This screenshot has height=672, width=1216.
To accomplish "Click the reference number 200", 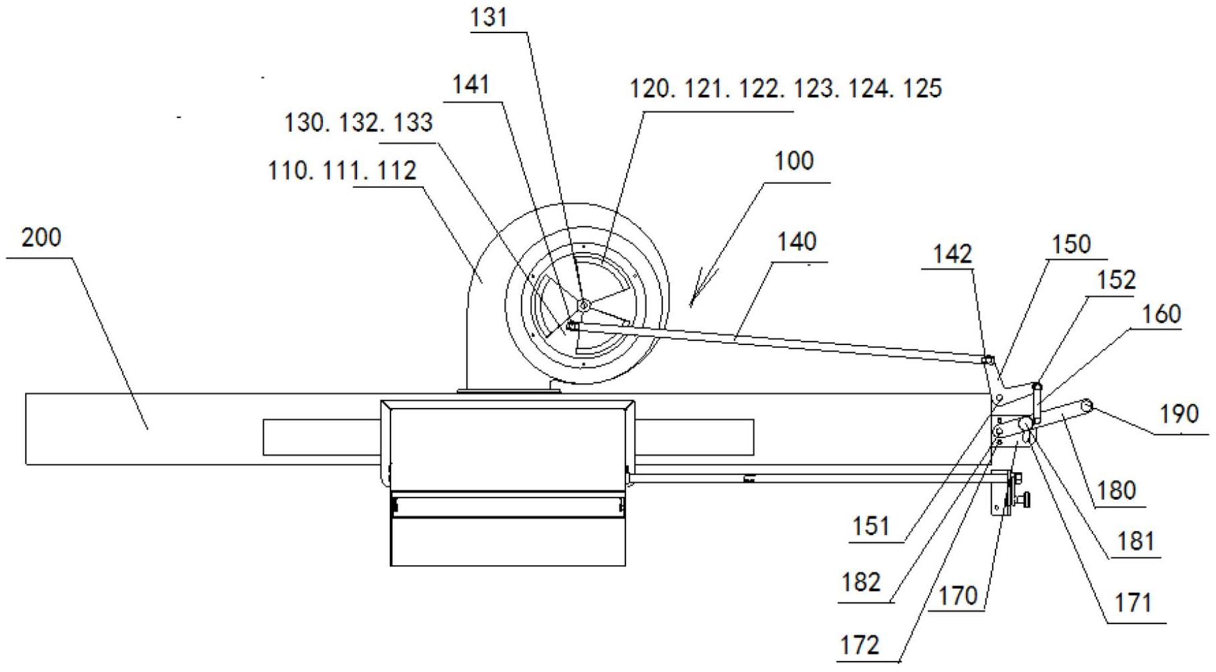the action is click(x=41, y=238).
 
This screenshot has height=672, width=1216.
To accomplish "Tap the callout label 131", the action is click(x=489, y=18).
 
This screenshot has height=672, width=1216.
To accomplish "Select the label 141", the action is click(x=471, y=85).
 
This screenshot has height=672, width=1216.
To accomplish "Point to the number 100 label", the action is click(x=794, y=161).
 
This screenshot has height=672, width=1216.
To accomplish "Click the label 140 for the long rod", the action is click(x=796, y=242).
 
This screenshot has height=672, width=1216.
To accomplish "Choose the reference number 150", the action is click(x=1072, y=244).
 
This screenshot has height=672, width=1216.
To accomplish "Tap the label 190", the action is click(x=1179, y=414).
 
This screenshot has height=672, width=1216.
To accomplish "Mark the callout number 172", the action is click(x=859, y=645).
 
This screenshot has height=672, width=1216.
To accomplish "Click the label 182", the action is click(x=861, y=582).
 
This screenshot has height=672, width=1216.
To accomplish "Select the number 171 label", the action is click(x=1134, y=603).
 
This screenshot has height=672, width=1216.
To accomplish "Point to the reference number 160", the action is click(x=1161, y=315).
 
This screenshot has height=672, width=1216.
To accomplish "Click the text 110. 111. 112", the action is click(x=343, y=171).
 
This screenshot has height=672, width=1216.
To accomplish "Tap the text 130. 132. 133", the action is click(x=359, y=123).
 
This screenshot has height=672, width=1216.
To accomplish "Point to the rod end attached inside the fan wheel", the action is click(x=572, y=326).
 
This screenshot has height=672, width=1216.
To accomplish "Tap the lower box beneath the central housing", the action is click(x=508, y=541).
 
